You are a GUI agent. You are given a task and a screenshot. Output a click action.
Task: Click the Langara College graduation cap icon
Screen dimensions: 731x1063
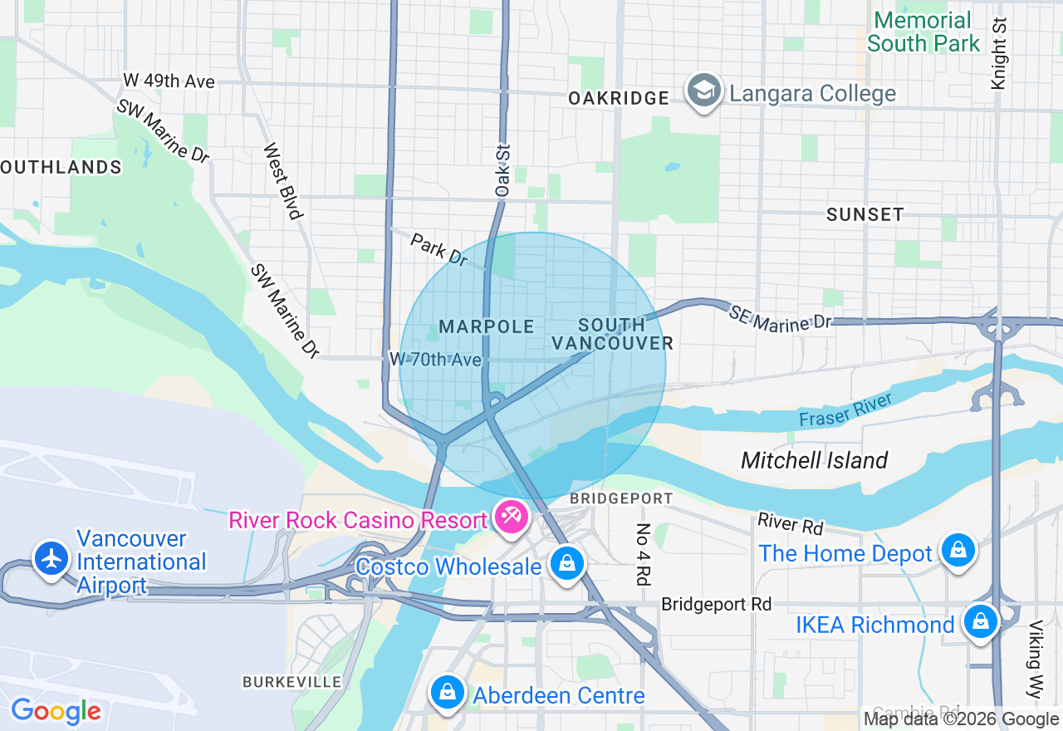703,91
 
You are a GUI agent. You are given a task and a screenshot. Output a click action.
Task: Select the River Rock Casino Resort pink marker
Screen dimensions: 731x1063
511,518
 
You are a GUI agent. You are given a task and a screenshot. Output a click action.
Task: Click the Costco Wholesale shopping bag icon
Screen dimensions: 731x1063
566,563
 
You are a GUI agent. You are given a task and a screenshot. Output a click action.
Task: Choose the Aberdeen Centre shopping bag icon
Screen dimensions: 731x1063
447,691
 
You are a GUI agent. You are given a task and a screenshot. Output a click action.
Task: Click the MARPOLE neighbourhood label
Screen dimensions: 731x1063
486,327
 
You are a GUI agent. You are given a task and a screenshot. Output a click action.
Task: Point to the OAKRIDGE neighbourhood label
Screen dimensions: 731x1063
619,98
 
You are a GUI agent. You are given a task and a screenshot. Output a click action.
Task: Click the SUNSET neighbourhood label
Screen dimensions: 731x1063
865,214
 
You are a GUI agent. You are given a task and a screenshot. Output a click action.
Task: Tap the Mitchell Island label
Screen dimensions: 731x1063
814,460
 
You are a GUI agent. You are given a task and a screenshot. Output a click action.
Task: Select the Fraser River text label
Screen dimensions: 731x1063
845,410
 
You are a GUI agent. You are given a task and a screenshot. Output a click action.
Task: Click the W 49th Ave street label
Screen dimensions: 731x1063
169,81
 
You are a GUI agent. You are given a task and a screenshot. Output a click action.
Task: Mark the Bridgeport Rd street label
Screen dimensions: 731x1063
716,604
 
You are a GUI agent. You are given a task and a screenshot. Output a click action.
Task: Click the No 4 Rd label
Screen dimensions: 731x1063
643,554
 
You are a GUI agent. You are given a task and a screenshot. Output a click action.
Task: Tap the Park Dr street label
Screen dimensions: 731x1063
439,248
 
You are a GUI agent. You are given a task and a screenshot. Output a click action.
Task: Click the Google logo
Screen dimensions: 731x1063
56,712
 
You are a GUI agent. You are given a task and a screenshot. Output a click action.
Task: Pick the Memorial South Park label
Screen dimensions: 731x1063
923,32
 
